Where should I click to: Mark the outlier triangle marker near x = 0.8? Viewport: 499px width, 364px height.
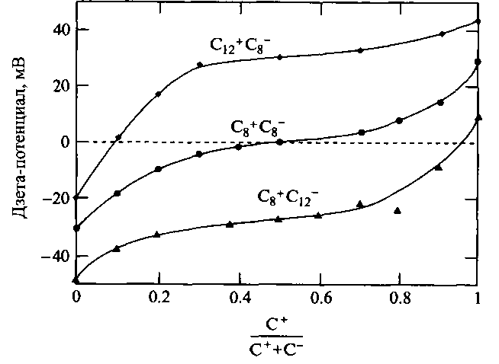[398, 210]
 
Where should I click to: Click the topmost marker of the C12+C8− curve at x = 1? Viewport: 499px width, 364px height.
[478, 21]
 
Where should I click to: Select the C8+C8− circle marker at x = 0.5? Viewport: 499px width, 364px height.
[279, 142]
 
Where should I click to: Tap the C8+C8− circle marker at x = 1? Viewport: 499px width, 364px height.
[478, 62]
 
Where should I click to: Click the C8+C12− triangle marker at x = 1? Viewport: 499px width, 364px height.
[478, 117]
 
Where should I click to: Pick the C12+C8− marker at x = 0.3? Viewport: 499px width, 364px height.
[200, 65]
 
